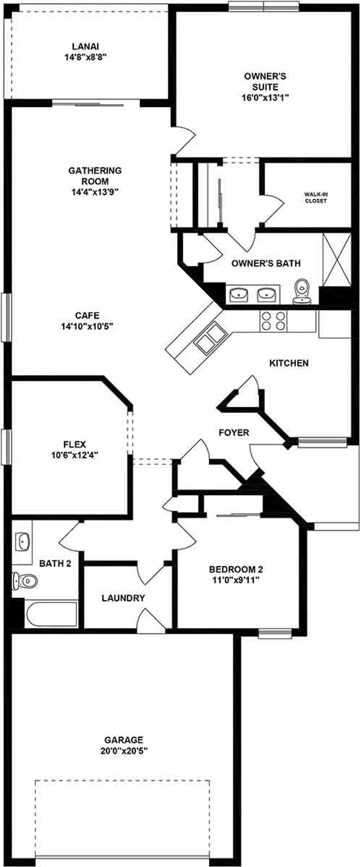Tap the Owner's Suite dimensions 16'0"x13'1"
pyautogui.click(x=266, y=98)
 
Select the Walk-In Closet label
pyautogui.click(x=316, y=198)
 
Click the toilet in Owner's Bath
pyautogui.click(x=301, y=291)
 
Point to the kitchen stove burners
pyautogui.click(x=273, y=321)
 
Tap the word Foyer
pyautogui.click(x=234, y=433)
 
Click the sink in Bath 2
pyautogui.click(x=22, y=541)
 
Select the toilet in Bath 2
pyautogui.click(x=25, y=580)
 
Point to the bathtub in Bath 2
pyautogui.click(x=51, y=615)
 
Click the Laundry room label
pyautogui.click(x=123, y=598)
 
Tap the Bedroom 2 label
pyautogui.click(x=236, y=569)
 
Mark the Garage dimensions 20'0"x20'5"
pyautogui.click(x=124, y=751)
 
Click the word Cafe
pyautogui.click(x=87, y=316)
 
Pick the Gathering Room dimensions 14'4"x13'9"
pyautogui.click(x=95, y=192)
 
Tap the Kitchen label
pyautogui.click(x=289, y=363)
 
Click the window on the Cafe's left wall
pyautogui.click(x=6, y=317)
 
